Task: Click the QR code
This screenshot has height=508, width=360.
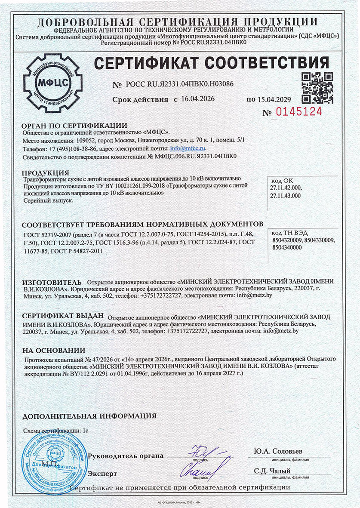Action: click(x=317, y=87)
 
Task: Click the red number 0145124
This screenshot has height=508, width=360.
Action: click(x=300, y=112)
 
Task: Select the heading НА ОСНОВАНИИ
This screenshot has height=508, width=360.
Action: click(x=54, y=350)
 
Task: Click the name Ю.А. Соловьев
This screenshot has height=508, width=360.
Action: click(x=278, y=451)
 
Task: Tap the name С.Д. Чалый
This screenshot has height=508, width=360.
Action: click(x=272, y=471)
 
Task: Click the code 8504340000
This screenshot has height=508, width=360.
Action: click(x=287, y=253)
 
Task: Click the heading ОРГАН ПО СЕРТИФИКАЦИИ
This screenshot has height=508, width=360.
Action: click(x=74, y=126)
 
